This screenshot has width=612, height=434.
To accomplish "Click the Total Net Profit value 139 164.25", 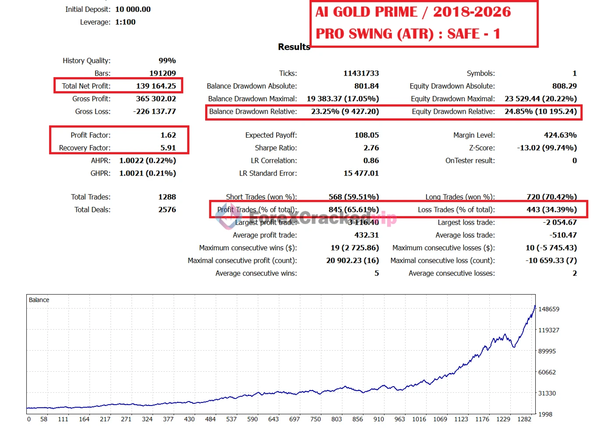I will pos(156,86).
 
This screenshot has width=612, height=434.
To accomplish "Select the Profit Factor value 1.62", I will pos(168,135).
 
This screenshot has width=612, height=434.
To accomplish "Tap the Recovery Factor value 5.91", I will pos(168,148).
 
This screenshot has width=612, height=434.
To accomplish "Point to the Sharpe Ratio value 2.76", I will pos(371,148).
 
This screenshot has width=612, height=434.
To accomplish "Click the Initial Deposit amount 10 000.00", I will pos(133,9).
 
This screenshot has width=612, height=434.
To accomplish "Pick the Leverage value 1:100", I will pos(125,22).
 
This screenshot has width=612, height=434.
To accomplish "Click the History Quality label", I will pos(86,60).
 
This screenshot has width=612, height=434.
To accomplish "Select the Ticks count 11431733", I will pos(361,73).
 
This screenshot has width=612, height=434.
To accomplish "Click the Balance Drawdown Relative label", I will pos(253,111).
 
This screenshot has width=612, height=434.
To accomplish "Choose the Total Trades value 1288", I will pos(167,197).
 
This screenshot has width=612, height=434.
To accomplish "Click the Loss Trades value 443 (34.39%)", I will pos(552,210).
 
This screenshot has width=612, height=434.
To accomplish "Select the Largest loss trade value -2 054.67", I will pos(560,222).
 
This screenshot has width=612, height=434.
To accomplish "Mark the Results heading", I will pos(294,47).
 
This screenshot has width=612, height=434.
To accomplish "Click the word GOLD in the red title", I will pos(375,12).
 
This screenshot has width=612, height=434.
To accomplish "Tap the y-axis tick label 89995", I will pos(547,351).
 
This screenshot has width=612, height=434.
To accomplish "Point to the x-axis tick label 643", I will pos(274,419).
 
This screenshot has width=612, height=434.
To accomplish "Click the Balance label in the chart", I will pos(39,300).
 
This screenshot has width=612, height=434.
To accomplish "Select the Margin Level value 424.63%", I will pos(560,135).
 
